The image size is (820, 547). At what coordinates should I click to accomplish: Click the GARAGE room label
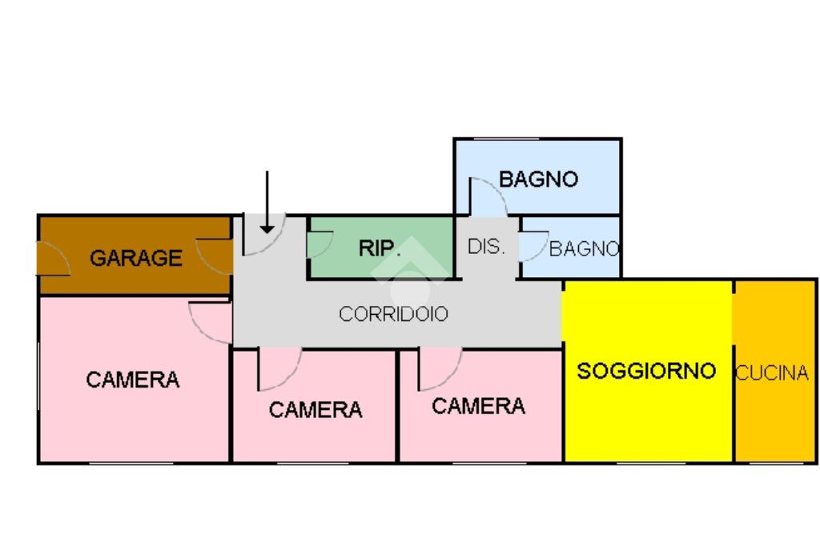[136, 258]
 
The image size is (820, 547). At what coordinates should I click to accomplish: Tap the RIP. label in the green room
[380, 248]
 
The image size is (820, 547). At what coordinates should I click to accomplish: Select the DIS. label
[486, 247]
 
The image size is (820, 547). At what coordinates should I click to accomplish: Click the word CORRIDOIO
[393, 314]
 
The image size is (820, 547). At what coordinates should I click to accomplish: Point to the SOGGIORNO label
[646, 371]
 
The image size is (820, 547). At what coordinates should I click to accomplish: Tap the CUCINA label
[772, 373]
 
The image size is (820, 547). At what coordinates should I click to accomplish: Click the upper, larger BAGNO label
[538, 179]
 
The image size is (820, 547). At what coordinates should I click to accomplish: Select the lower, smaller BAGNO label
[584, 248]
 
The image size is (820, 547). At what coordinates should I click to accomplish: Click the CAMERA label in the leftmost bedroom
[133, 380]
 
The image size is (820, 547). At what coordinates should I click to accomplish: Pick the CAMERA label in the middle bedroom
[316, 409]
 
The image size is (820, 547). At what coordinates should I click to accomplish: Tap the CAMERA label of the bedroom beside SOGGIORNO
[479, 406]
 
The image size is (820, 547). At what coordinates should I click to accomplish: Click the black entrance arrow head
[267, 230]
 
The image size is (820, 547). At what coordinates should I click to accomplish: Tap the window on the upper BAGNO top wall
[506, 139]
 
